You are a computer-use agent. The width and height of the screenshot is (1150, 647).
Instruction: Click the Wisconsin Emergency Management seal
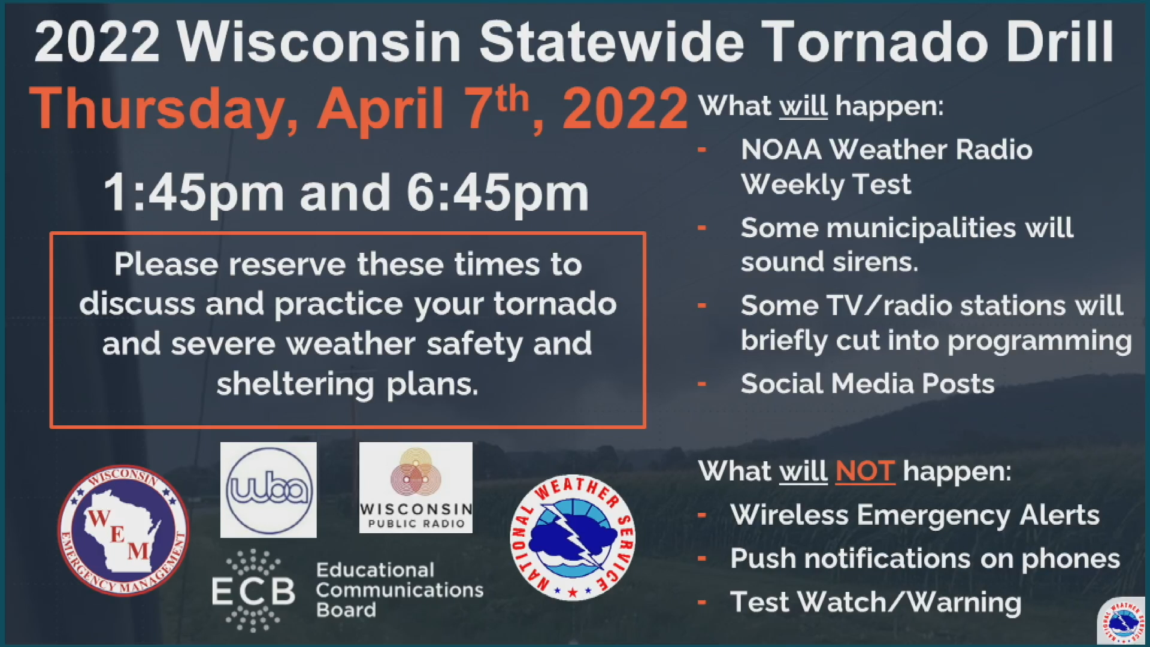click(x=123, y=530)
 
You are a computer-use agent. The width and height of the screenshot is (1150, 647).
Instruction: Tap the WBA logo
click(x=268, y=490)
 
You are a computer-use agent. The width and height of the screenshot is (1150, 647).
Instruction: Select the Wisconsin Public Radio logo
click(x=416, y=488)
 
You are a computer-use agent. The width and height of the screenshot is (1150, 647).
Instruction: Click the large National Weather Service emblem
click(x=573, y=537)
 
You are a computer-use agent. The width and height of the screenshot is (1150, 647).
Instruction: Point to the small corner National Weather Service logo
click(x=1122, y=622)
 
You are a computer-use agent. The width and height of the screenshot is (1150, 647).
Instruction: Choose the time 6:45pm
click(x=498, y=193)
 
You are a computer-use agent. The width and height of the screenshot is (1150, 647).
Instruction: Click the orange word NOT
click(x=865, y=471)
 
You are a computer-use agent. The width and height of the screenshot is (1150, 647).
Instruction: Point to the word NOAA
click(x=780, y=150)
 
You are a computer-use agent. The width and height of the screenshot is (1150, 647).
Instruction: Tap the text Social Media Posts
click(x=867, y=383)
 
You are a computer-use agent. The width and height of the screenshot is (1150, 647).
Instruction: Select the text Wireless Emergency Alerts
click(x=915, y=515)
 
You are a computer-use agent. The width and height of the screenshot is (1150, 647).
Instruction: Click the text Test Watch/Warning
click(x=876, y=602)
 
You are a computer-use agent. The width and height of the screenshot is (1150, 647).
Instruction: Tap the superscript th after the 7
click(x=512, y=99)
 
